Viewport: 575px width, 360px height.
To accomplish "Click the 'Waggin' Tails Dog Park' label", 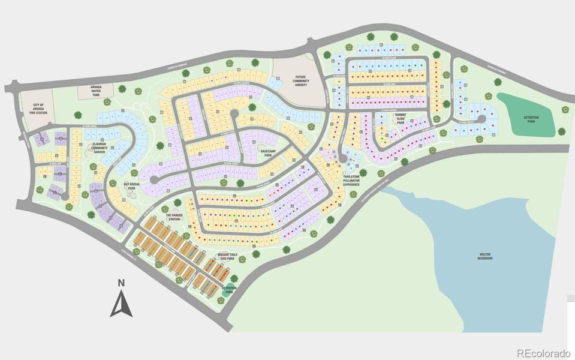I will click(x=227, y=256).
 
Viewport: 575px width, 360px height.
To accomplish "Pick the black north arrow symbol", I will click(x=121, y=303).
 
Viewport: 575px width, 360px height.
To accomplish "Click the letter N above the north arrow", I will click(x=121, y=283).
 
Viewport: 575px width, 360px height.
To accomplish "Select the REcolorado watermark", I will click(x=544, y=352).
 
